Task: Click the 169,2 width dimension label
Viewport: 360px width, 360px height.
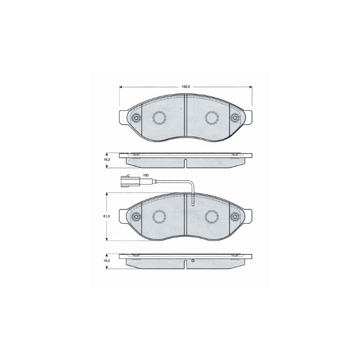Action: [186, 87]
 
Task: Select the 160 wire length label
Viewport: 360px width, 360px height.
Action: [146, 175]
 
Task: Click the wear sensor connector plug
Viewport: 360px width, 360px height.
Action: [129, 181]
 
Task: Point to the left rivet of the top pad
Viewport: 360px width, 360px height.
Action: [136, 118]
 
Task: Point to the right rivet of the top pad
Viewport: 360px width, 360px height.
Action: [235, 118]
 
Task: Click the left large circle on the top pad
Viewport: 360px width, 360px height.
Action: [159, 117]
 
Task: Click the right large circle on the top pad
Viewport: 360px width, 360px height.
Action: [211, 117]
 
